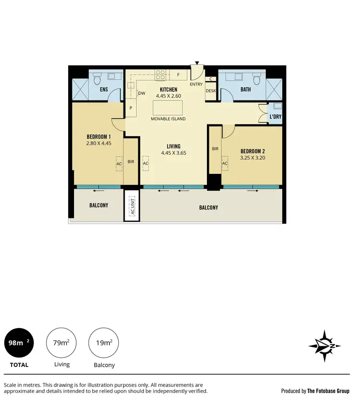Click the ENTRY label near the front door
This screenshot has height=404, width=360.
196,85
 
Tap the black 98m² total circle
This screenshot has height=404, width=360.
19,343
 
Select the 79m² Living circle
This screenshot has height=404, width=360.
61,343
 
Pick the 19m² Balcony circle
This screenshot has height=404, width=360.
104,343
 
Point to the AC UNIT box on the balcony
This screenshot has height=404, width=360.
132,207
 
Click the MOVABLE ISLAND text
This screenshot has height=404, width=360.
168,119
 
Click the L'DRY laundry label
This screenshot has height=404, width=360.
275,117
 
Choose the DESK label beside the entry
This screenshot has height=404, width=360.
211,91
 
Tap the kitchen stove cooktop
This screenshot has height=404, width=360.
160,74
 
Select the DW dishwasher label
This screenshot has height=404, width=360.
142,94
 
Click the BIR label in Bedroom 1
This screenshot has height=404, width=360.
131,162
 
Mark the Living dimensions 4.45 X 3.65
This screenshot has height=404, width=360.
173,154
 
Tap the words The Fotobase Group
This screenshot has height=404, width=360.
328,391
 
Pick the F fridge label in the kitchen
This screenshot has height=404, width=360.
178,75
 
